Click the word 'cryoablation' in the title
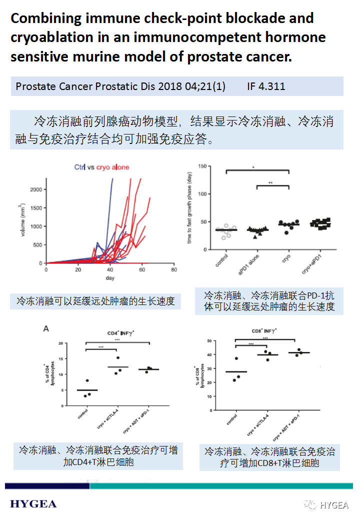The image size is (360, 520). pyautogui.click(x=52, y=37)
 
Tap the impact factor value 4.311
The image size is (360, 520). pyautogui.click(x=272, y=86)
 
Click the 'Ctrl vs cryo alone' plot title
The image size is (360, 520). pyautogui.click(x=101, y=167)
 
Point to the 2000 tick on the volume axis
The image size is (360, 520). pyautogui.click(x=36, y=189)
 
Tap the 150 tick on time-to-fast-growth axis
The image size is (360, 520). pyautogui.click(x=201, y=166)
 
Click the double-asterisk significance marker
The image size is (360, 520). pyautogui.click(x=270, y=183)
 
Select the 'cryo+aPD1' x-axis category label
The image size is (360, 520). pyautogui.click(x=314, y=265)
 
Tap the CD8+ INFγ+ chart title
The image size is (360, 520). pyautogui.click(x=264, y=331)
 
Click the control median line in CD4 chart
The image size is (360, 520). pyautogui.click(x=86, y=390)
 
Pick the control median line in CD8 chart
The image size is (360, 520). pyautogui.click(x=235, y=371)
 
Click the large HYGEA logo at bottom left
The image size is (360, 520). pyautogui.click(x=33, y=503)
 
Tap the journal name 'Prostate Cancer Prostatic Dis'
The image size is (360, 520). pyautogui.click(x=85, y=86)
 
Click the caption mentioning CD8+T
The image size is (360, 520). pyautogui.click(x=269, y=457)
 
